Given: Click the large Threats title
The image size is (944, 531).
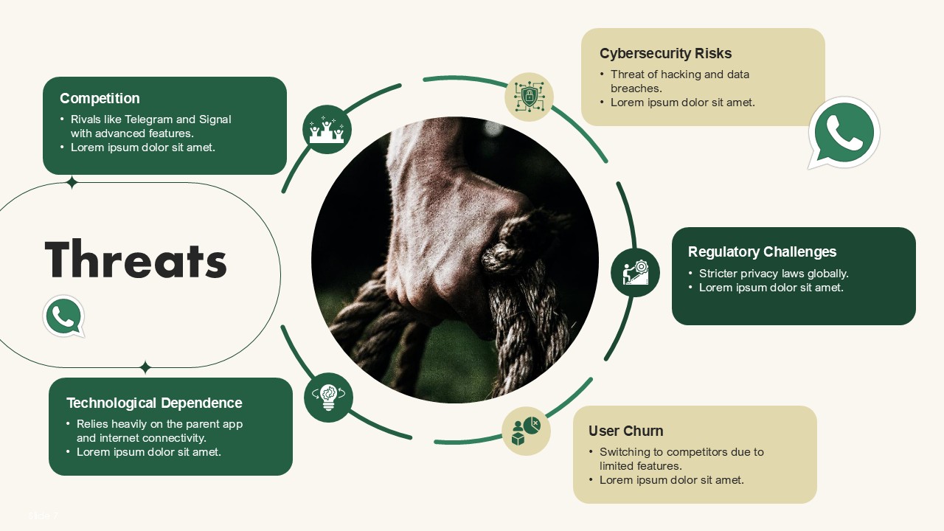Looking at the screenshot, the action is click(136, 258).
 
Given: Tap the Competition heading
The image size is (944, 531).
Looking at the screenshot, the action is click(100, 98).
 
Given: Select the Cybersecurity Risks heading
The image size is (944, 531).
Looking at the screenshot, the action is click(665, 54).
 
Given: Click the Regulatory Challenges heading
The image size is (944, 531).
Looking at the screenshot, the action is click(762, 251).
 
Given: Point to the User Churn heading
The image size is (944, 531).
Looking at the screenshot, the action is click(626, 431).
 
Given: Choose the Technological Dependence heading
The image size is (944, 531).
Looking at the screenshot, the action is click(154, 403).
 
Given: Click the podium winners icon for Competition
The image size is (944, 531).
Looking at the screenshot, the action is click(327, 129).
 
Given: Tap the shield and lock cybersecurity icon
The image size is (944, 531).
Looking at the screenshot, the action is click(530, 97).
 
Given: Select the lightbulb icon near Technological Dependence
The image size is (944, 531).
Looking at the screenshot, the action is click(328, 398).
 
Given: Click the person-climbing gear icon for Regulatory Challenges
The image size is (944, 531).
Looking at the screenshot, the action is click(636, 273).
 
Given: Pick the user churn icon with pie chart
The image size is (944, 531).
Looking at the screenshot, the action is click(526, 431).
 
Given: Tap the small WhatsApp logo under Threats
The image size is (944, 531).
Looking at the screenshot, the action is click(64, 316).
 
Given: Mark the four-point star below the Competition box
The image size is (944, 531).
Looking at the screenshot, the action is click(72, 182).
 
